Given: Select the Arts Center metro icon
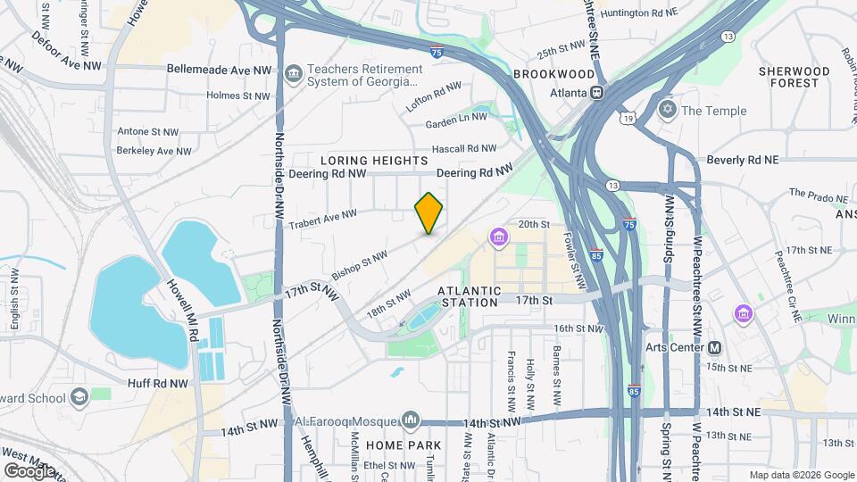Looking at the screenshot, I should pyautogui.click(x=714, y=347).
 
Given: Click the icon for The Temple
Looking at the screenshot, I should pyautogui.click(x=666, y=111).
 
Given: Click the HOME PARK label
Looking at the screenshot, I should pyautogui.click(x=409, y=445).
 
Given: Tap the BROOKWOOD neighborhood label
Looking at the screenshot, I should pyautogui.click(x=553, y=73).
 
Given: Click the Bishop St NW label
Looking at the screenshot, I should pyautogui.click(x=359, y=262).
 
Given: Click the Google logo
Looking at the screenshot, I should pyautogui.click(x=29, y=470).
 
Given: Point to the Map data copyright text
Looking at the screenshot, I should pyautogui.click(x=801, y=475).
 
